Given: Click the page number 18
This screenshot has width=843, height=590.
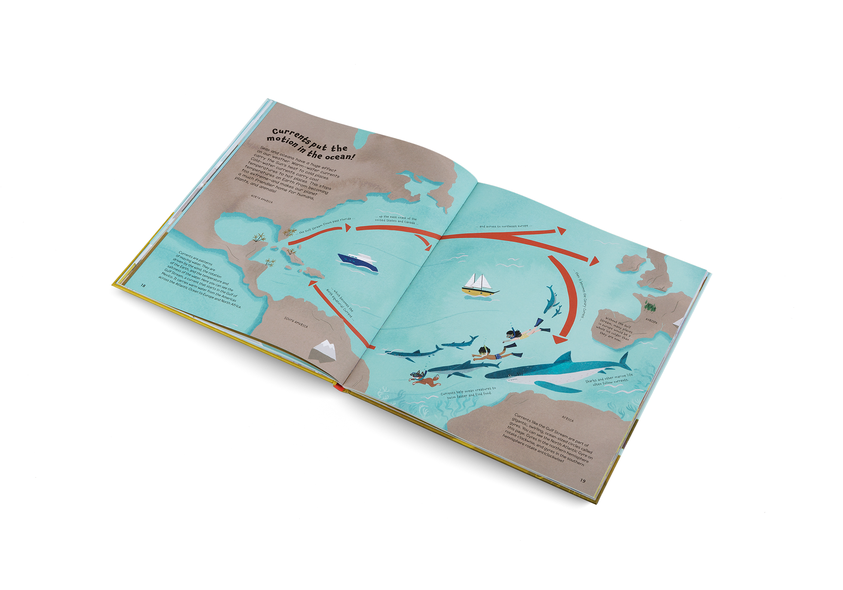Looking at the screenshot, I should pos(143,285).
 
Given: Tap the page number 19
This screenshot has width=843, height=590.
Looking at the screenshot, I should pos(583,480).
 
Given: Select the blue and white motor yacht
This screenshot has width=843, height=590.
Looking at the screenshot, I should pos(358,261).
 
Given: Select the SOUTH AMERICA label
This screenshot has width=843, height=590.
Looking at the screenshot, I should pos(296,323).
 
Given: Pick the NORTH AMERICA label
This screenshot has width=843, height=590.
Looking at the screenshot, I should pos(262,199).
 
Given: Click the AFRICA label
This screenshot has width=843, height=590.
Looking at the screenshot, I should pos(567,418).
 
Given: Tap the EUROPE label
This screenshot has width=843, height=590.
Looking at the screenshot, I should pos(651,321).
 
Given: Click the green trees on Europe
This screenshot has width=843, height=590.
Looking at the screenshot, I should pos(649,307).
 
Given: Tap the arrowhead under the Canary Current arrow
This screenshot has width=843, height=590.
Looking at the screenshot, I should pos(558,340).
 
